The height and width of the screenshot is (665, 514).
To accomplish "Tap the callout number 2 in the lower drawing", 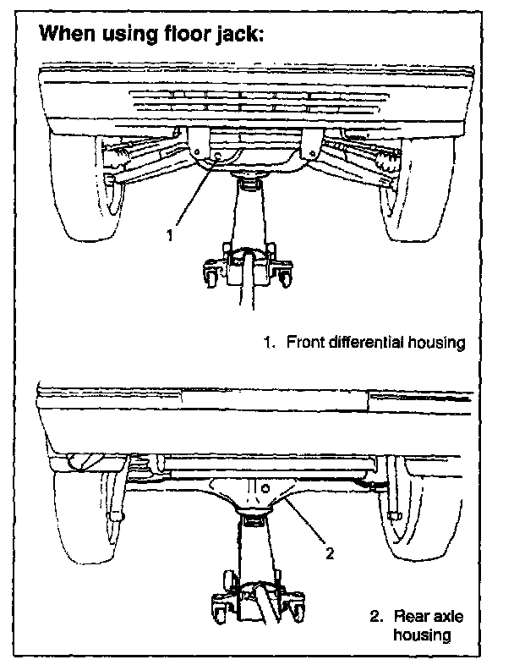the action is point(331,554).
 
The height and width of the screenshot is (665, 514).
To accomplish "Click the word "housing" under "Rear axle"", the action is point(428,635).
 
